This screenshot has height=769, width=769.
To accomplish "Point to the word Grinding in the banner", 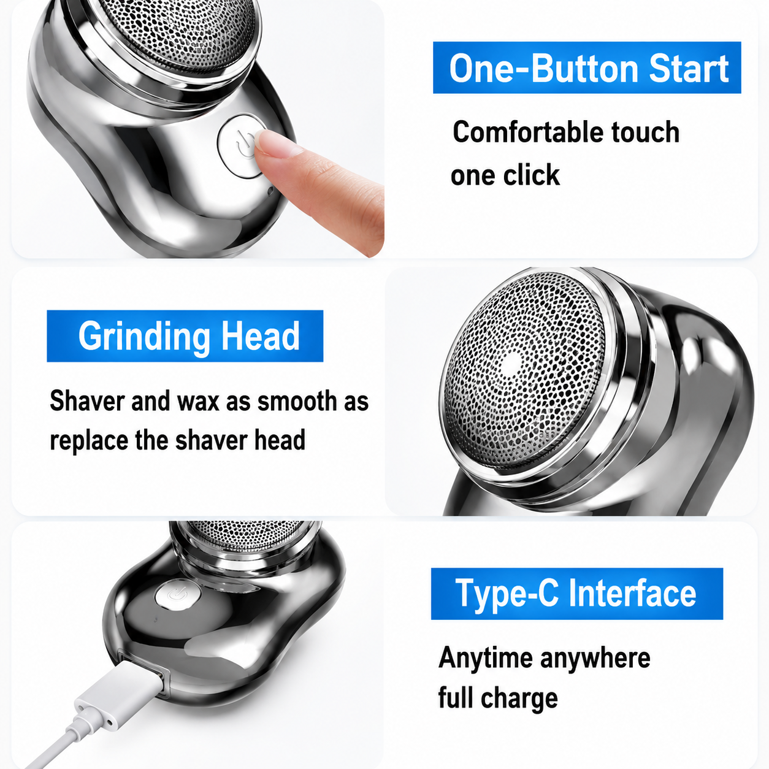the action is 144,337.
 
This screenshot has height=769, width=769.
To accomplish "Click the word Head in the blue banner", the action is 260,336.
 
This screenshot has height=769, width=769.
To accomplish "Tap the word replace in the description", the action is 90,440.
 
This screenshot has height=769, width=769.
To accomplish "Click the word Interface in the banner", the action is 632,594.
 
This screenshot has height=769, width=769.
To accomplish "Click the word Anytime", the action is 486,657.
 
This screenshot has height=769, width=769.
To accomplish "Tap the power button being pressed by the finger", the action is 241,146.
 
